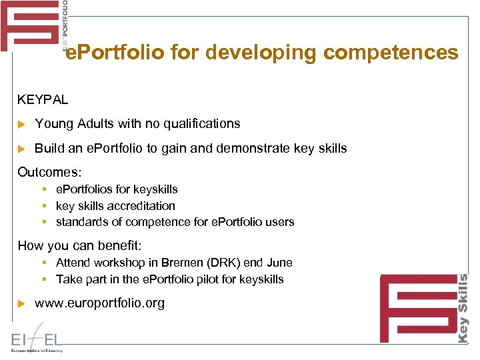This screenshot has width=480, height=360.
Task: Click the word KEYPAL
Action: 43,99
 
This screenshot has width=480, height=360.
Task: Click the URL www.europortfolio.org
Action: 99,303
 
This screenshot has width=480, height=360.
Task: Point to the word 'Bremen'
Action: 199,263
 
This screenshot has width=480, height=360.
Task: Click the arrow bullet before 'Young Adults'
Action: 21,124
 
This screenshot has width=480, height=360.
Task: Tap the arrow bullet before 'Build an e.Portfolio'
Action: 21,149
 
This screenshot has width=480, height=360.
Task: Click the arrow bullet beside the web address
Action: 21,304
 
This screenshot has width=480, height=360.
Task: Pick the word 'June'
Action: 279,263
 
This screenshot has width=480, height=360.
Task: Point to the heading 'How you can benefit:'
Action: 80,245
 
